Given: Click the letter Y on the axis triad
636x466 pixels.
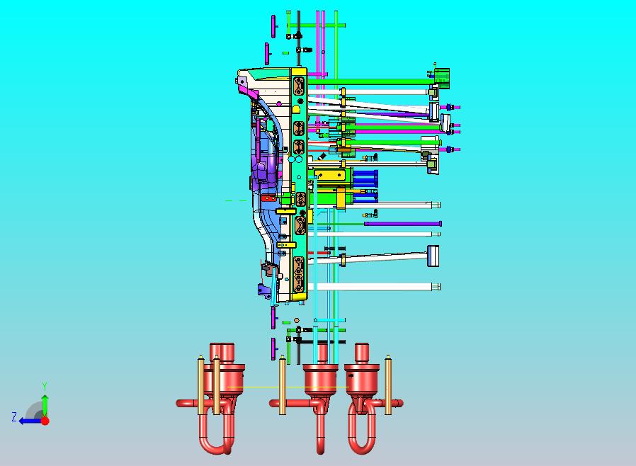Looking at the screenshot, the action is point(45,386).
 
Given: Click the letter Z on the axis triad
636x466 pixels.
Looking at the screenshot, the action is point(14,416).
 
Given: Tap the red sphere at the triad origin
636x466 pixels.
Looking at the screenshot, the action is point(45,421).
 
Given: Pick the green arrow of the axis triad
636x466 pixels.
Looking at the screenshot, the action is point(45,406).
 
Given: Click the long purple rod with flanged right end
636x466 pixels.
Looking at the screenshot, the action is point(403,224).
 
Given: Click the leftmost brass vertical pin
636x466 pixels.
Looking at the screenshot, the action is point(200,385).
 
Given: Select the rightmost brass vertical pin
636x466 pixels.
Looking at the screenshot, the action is point(388,385).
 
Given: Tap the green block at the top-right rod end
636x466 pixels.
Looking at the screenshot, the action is point(442,77).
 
